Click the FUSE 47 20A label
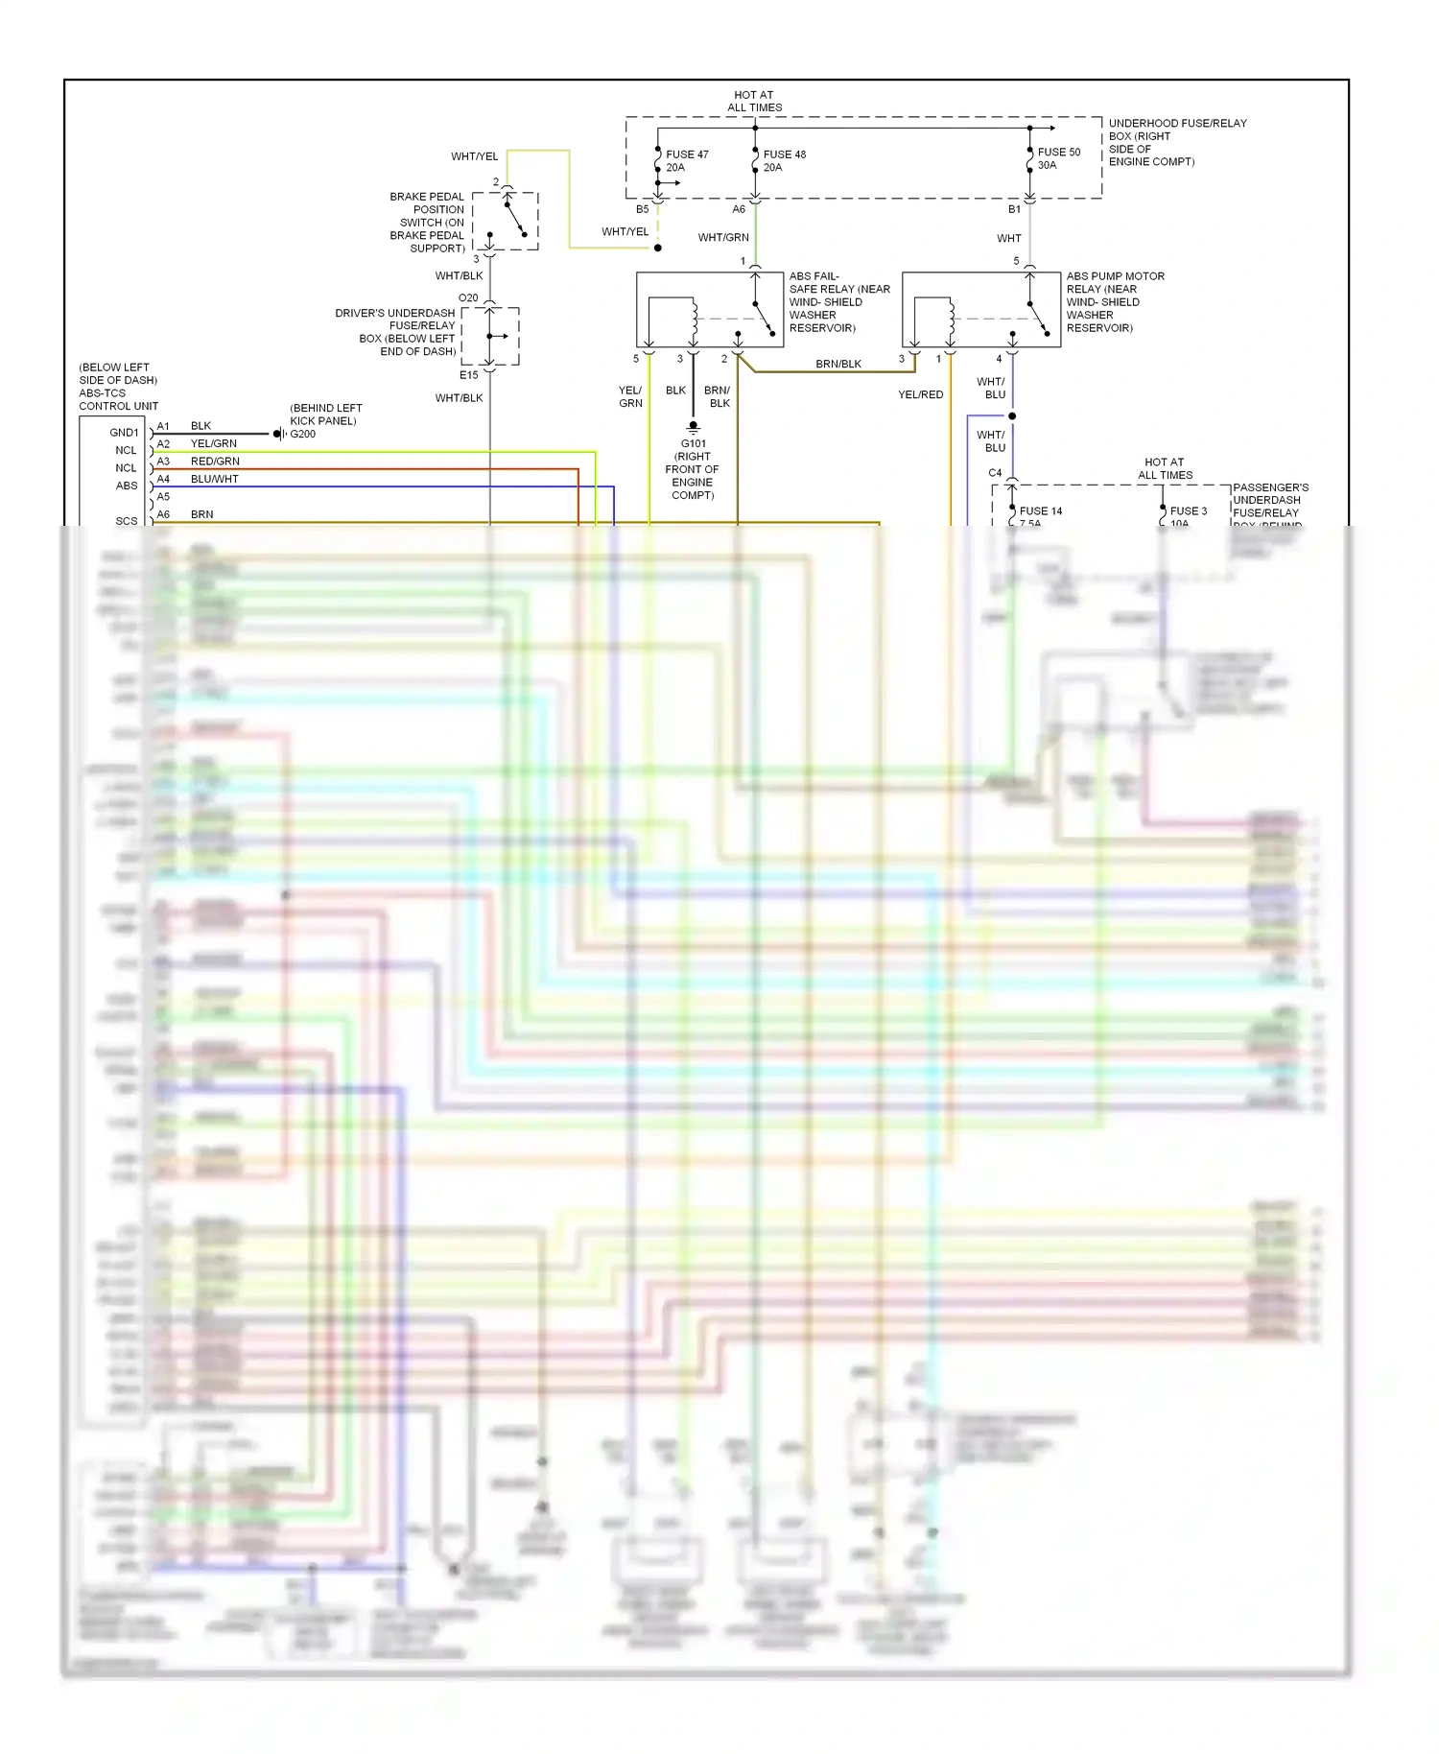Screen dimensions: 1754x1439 [x=686, y=161]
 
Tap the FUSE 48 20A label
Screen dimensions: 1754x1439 [x=784, y=161]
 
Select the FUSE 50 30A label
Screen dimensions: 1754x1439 [x=1058, y=158]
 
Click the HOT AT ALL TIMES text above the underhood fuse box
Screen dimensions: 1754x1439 [x=754, y=102]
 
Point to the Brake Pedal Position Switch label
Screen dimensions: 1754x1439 [x=428, y=223]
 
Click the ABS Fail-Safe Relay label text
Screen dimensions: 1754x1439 [x=838, y=302]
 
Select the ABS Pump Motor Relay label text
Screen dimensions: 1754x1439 [x=1115, y=302]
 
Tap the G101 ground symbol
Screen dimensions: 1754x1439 [x=693, y=426]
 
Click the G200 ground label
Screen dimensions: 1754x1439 [x=303, y=434]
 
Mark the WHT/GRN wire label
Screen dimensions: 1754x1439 [x=723, y=238]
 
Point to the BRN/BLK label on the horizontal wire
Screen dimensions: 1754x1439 [x=838, y=365]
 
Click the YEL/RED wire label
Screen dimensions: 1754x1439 [x=920, y=394]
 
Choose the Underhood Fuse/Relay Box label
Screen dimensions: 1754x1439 [x=1177, y=142]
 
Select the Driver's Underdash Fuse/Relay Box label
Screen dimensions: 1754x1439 [x=395, y=332]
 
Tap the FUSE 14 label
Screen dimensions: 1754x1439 [x=1040, y=511]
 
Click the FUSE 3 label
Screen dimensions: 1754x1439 [x=1188, y=511]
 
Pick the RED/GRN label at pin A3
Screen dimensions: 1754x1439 [x=215, y=462]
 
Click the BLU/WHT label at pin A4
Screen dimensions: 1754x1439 [x=214, y=479]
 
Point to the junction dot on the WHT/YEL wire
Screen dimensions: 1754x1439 [x=658, y=249]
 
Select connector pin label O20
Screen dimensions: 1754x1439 [x=468, y=298]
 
